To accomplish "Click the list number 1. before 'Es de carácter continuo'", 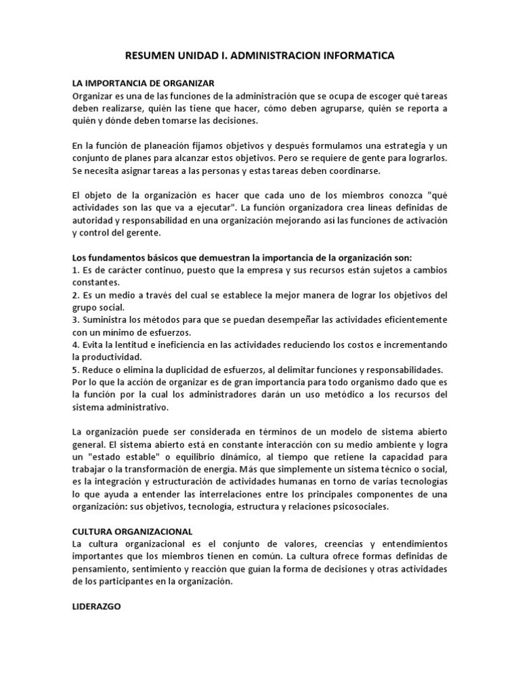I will point(76,271).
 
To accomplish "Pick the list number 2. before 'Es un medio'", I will point(76,296).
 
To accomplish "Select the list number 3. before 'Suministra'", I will point(76,320).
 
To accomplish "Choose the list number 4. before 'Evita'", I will point(76,344).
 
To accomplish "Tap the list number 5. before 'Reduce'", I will point(76,370).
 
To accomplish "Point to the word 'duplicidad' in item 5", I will point(189,370).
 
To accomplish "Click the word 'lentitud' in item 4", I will point(131,344).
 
